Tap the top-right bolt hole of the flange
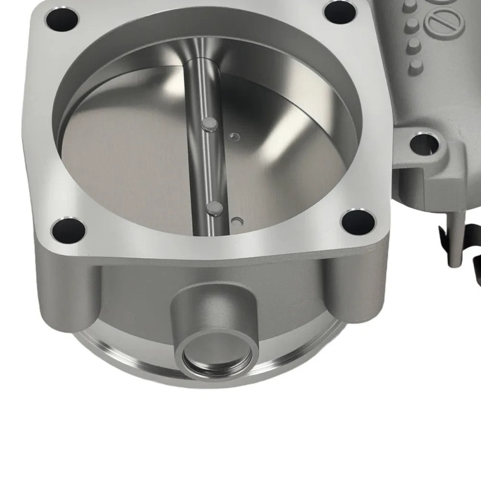click(340, 11)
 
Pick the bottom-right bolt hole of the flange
click(357, 222)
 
